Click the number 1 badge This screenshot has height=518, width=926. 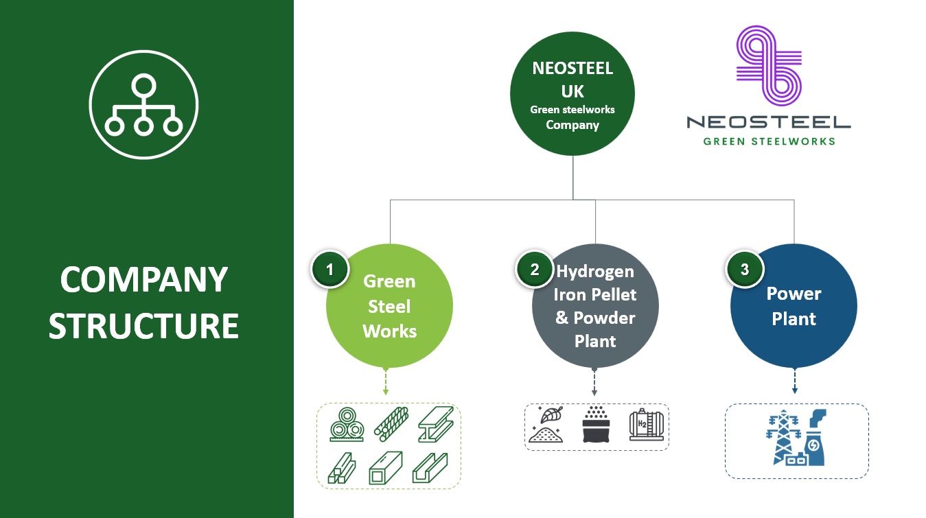point(329,270)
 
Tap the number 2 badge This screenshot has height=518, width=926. point(535,270)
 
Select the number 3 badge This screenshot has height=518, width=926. point(745,270)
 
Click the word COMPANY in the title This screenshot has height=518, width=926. point(143,280)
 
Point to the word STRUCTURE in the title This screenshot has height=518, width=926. point(143,326)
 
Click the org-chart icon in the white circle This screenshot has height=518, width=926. point(143,105)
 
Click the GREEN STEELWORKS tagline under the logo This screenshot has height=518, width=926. point(769,141)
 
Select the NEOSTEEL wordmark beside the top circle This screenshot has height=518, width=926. point(769,123)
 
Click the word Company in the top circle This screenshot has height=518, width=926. point(572,125)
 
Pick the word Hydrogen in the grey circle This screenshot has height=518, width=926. point(595,271)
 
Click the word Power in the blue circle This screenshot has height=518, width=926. point(794,294)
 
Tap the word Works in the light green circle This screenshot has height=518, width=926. point(389,331)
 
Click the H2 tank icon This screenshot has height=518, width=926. point(645,425)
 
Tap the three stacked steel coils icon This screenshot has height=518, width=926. point(347,425)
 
